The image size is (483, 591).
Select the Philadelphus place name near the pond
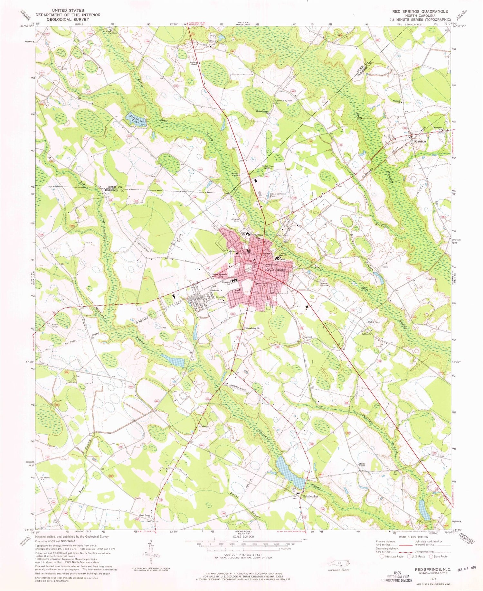coord(310,496)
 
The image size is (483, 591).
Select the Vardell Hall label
coord(283,254)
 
